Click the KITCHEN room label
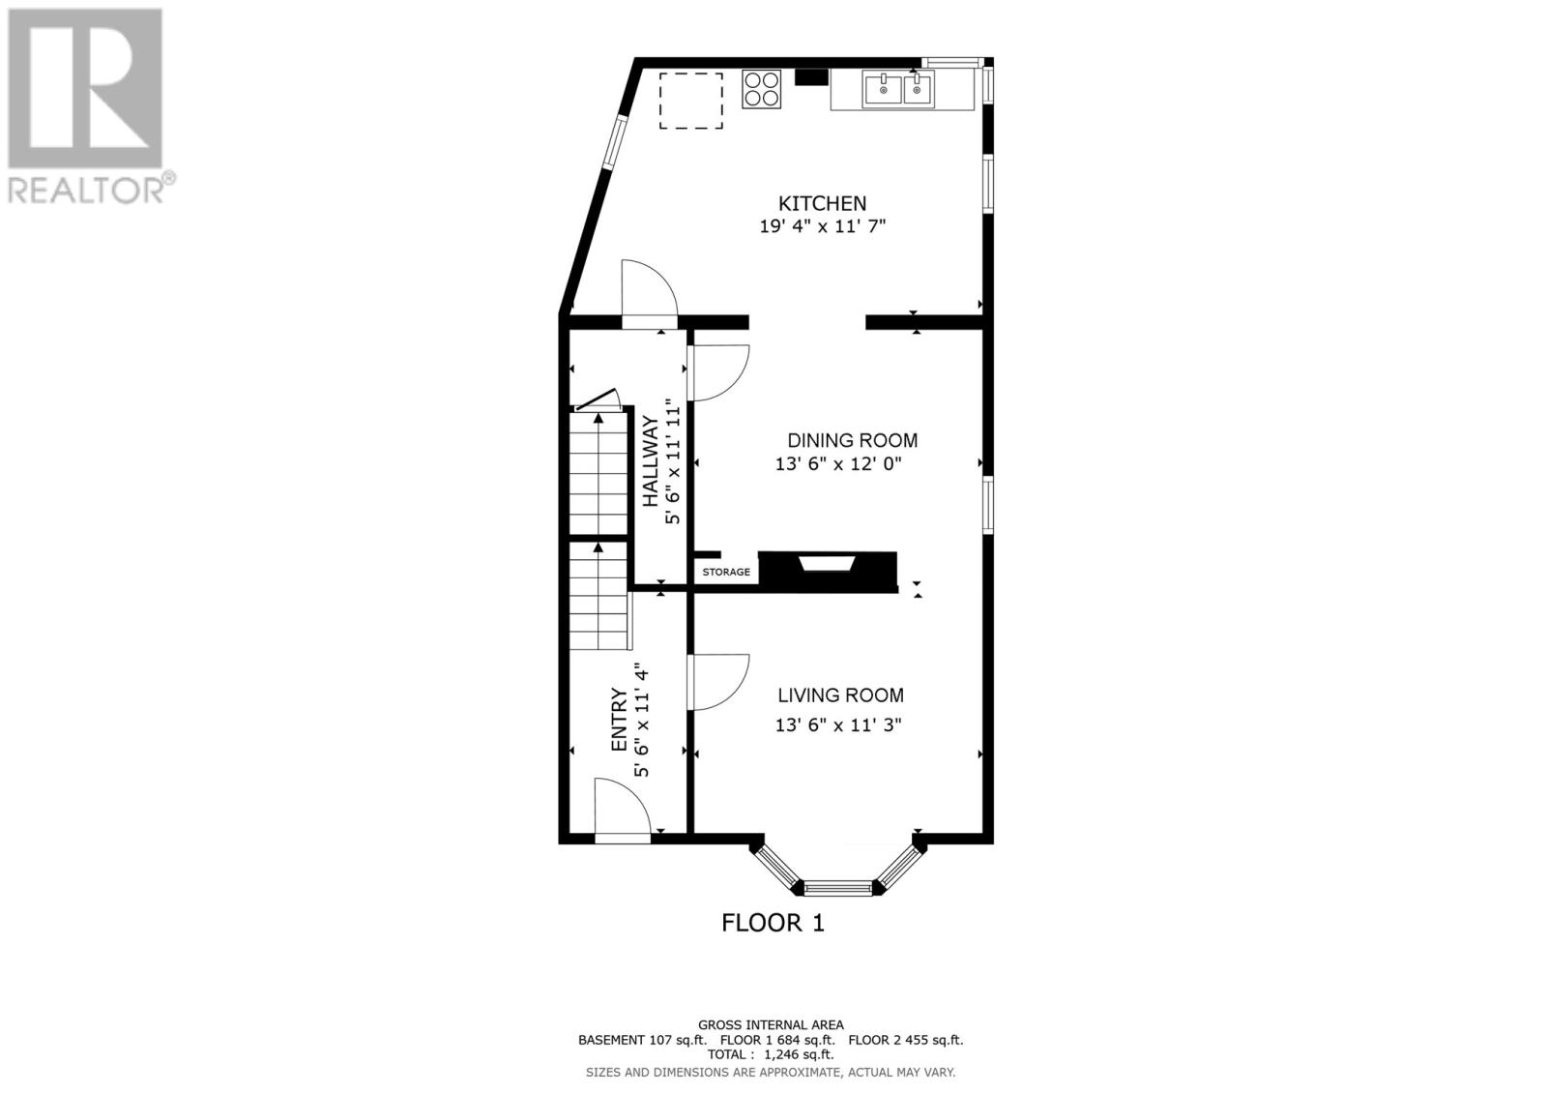tap(823, 203)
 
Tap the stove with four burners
tap(762, 89)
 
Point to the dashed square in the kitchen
tap(691, 100)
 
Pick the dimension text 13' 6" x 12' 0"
tap(838, 464)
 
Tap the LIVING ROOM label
tap(841, 695)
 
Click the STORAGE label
tap(726, 573)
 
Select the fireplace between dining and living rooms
tap(828, 568)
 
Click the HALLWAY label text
tap(651, 460)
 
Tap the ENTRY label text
tap(619, 721)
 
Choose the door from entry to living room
tap(718, 683)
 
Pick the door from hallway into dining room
tap(718, 371)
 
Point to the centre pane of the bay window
tap(837, 887)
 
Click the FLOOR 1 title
tap(773, 923)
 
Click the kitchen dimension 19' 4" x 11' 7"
tap(823, 226)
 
